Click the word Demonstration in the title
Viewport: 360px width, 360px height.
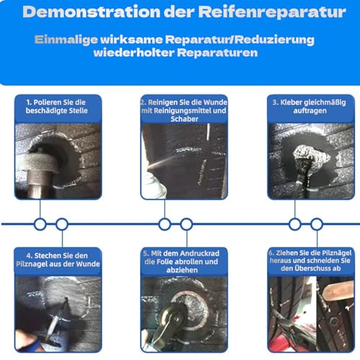coord(91,12)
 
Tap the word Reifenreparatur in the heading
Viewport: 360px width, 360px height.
coord(272,12)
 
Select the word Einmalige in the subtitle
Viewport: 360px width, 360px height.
coord(66,40)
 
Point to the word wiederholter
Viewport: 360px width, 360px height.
coord(134,53)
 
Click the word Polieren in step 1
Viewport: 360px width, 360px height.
coord(48,102)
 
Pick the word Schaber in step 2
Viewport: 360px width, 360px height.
coord(184,119)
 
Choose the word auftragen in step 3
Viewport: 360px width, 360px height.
coord(310,111)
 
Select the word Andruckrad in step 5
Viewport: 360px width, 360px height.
coord(199,253)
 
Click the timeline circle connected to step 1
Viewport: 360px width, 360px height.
coord(40,225)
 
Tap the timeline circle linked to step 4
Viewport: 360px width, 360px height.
coord(62,225)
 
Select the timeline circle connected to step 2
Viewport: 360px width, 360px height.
coord(165,225)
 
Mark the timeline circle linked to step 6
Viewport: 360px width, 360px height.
coord(317,225)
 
